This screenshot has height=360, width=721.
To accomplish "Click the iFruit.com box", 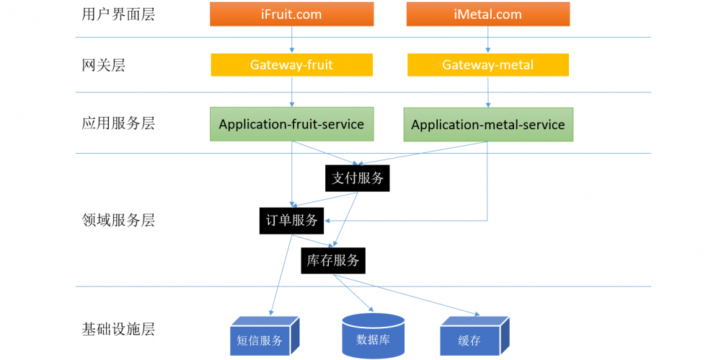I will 291,14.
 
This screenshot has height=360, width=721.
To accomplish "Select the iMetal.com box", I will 488,14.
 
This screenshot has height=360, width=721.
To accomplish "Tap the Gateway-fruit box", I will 291,65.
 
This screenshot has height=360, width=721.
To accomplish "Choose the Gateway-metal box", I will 488,65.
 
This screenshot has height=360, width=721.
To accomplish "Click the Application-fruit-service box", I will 291,124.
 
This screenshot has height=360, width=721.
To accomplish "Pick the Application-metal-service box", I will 488,125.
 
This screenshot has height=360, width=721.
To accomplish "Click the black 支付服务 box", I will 358,178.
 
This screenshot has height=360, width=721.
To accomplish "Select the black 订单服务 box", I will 291,221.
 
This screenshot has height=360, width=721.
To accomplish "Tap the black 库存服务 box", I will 333,260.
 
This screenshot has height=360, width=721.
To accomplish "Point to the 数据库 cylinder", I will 373,338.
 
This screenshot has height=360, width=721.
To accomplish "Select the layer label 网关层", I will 104,65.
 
